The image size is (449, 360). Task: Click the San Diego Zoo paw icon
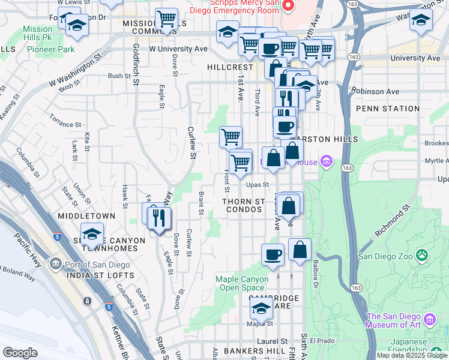tap(424, 256)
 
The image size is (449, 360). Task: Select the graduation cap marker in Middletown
tap(92, 233)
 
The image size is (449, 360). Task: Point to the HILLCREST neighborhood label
tap(231, 68)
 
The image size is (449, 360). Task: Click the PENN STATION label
tap(387, 109)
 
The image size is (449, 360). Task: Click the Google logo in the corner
tap(20, 353)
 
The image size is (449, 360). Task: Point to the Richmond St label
tap(392, 220)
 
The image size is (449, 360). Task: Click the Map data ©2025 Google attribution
tap(412, 355)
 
